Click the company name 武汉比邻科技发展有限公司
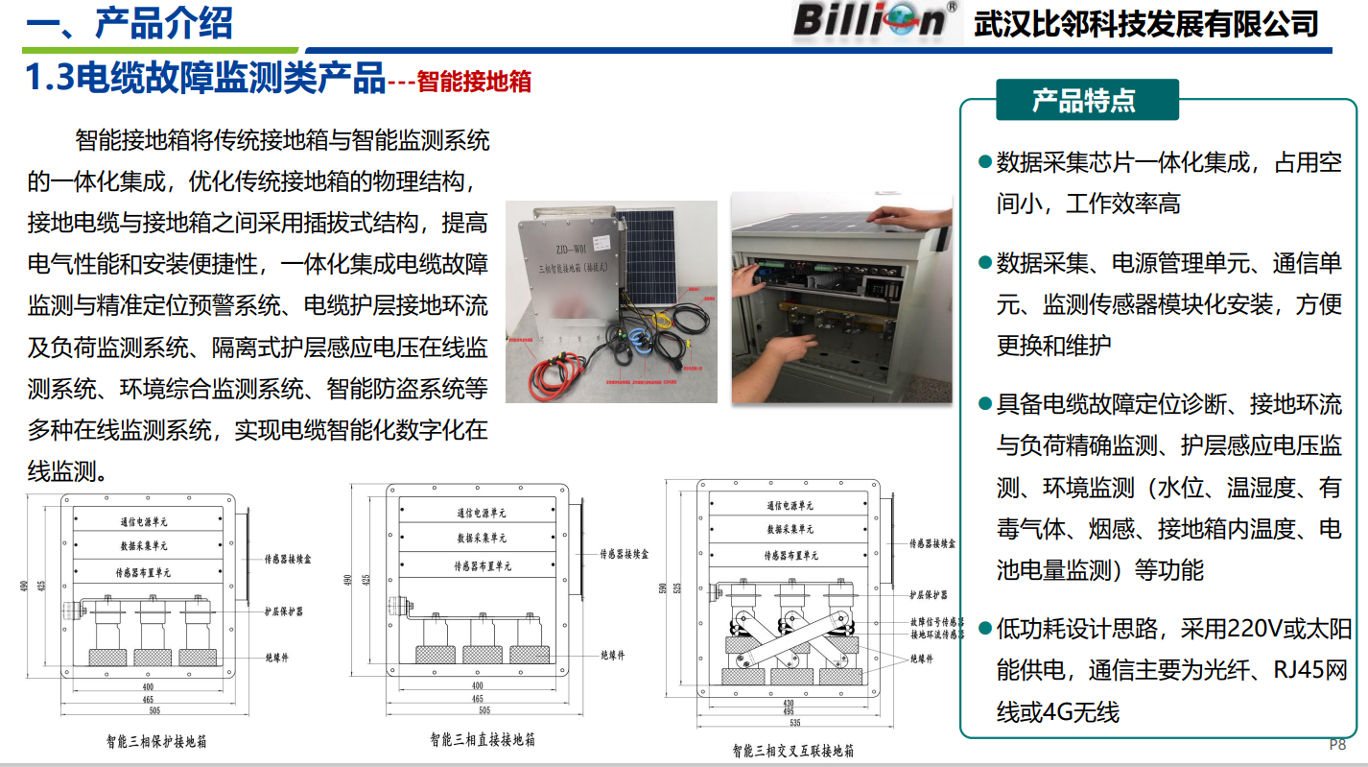tap(1145, 23)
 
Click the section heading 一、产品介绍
tap(130, 22)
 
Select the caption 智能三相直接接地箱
tap(483, 739)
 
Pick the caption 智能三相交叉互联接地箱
tap(792, 750)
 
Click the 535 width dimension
tap(794, 722)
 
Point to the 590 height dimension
tap(663, 587)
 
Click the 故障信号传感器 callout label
tap(936, 622)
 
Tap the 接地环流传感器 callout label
tap(936, 635)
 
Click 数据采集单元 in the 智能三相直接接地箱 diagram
tap(482, 539)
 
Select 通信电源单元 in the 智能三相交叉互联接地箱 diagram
tap(790, 506)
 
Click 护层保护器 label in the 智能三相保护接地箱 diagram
tap(283, 610)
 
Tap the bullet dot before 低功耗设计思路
tap(983, 629)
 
